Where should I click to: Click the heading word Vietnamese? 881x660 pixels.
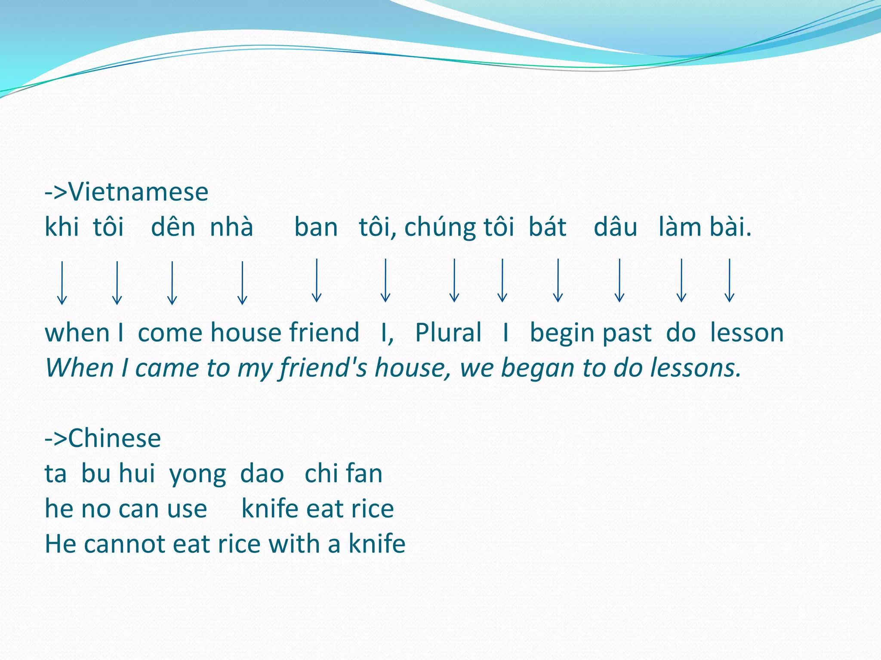point(138,192)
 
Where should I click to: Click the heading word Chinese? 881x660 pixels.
point(114,438)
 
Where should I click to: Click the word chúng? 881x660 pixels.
point(440,228)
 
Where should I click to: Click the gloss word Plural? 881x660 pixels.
point(448,333)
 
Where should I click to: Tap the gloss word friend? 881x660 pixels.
point(324,333)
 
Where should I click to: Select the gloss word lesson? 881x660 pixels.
point(747,333)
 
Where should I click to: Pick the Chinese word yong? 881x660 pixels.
point(197,474)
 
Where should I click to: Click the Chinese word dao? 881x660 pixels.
point(262,474)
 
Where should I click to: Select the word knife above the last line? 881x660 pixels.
point(270,509)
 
